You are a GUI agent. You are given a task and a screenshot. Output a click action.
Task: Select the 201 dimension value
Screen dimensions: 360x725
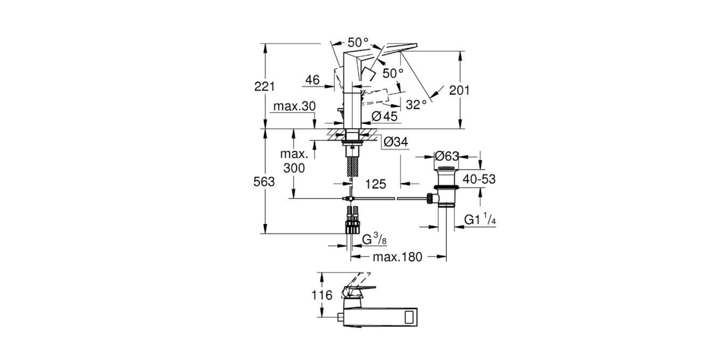point(460,90)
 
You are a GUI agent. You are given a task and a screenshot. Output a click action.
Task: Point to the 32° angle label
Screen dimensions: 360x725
point(416,105)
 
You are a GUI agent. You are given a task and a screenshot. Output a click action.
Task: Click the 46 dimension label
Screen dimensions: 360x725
point(312,80)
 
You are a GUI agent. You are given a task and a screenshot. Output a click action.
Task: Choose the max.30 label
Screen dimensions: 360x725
point(295,106)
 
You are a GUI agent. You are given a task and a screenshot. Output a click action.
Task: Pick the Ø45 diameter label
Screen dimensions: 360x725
point(384,116)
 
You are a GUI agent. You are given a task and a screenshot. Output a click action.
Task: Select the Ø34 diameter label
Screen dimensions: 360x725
point(395,142)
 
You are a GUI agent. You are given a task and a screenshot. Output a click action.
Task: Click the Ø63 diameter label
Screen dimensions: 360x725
point(446,157)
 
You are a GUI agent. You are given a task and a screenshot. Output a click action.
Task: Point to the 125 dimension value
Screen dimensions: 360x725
point(375,184)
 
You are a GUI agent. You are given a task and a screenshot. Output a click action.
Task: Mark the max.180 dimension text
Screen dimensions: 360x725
point(397,258)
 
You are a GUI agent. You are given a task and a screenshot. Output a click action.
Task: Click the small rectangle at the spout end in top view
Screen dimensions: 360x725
point(411,318)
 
